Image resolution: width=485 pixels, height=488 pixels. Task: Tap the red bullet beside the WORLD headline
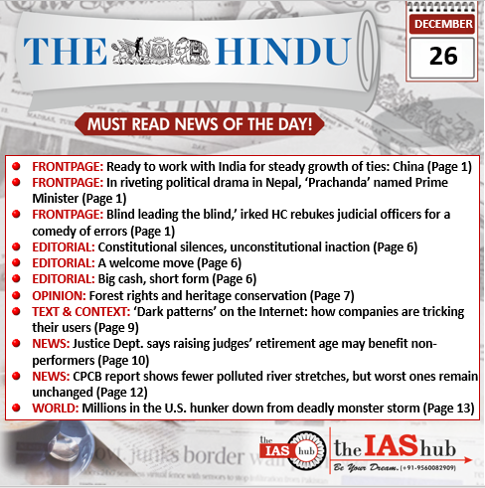click(x=18, y=407)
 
